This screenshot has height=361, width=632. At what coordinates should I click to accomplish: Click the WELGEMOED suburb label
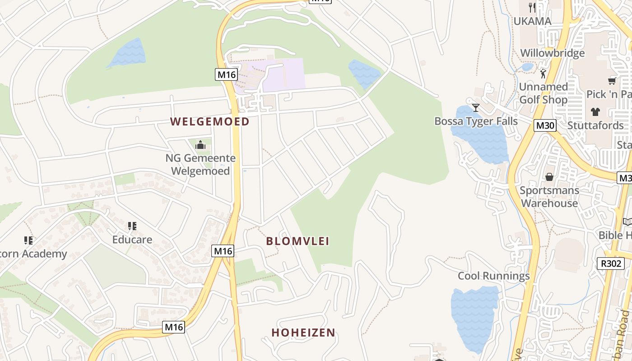[x=210, y=121]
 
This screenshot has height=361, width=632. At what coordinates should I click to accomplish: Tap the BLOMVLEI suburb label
[x=297, y=241]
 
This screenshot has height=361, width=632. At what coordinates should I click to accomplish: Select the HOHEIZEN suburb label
[x=303, y=333]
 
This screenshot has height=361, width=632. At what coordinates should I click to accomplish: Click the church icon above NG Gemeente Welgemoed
[x=200, y=145]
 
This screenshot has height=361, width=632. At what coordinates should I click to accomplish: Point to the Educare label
[x=132, y=240]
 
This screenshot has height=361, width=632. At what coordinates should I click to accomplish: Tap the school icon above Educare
[x=132, y=226]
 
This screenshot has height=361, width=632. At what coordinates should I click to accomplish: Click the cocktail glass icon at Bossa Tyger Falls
[x=476, y=107]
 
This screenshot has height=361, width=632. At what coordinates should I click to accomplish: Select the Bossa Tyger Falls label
[x=469, y=121]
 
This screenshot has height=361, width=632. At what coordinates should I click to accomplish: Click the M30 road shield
[x=545, y=125]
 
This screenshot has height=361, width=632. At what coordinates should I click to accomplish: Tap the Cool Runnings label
[x=493, y=276]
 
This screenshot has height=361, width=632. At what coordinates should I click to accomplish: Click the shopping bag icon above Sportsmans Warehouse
[x=549, y=176]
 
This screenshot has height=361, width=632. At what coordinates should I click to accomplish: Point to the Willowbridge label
[x=552, y=53]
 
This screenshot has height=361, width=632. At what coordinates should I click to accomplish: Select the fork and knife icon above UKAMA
[x=532, y=7]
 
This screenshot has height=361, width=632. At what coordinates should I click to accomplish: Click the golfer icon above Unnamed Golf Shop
[x=543, y=73]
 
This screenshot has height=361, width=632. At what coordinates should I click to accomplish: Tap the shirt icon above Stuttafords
[x=595, y=111]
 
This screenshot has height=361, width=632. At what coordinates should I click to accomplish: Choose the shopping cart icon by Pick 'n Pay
[x=612, y=81]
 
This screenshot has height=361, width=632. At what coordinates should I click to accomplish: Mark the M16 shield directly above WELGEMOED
[x=226, y=74]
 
